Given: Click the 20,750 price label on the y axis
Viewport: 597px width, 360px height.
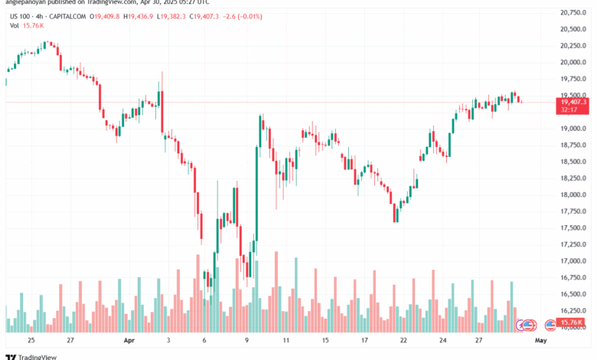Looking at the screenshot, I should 573,13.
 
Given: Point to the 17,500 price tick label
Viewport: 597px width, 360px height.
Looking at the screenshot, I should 573,227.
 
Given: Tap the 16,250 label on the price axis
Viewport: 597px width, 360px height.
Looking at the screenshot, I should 573,310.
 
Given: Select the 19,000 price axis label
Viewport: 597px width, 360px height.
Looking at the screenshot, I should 573,129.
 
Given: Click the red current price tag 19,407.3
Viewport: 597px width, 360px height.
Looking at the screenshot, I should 573,102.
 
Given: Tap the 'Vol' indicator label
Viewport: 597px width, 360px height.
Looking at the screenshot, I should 15,25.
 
